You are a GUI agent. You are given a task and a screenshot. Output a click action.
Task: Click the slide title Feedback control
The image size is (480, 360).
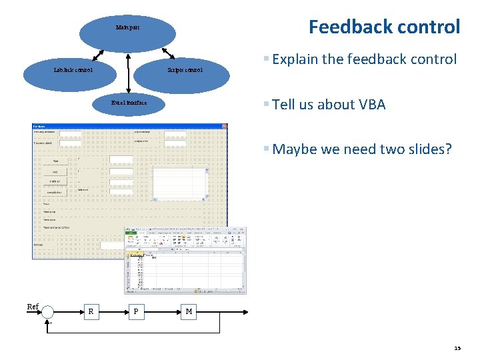coord(384,27)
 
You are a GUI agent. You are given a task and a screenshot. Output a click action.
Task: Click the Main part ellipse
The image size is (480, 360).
coord(127,29)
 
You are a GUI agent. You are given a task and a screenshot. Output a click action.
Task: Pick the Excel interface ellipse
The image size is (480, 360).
coord(129,103)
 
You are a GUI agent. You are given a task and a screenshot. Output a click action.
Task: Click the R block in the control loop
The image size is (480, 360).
coord(91,311)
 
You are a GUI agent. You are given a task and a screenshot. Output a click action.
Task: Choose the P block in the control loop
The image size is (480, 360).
coord(136,311)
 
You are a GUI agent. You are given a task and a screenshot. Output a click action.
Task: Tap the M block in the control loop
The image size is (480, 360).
coord(189,311)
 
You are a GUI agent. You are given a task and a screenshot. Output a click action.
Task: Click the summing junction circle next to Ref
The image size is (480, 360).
coord(49,311)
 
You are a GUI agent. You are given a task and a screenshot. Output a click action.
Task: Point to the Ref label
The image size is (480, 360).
coord(32,307)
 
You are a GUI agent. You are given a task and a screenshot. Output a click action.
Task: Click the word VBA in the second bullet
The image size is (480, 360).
coord(371,105)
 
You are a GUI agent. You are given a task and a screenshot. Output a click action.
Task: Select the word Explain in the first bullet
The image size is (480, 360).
coord(295,59)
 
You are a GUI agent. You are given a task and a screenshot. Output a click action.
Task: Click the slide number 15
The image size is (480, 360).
coord(457,348)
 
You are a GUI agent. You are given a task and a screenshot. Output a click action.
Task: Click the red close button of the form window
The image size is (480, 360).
coord(225,126)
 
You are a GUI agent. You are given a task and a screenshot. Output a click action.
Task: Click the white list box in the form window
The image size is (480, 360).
coord(181,179)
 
